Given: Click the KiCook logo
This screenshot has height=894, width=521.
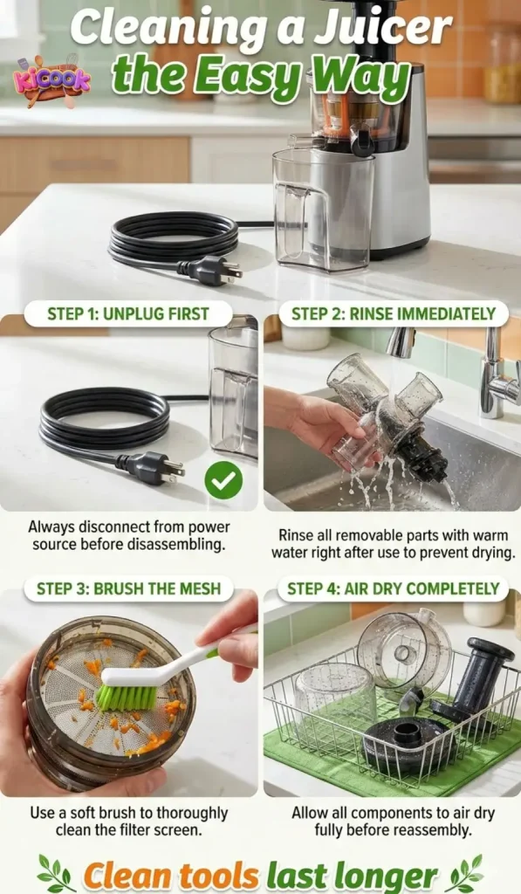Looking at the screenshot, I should [52, 80].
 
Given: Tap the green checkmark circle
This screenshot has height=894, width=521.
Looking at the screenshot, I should [223, 480].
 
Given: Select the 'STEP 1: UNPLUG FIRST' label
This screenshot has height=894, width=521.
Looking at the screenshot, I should [128, 314].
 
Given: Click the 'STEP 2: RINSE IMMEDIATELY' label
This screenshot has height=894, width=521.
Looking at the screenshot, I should [393, 314].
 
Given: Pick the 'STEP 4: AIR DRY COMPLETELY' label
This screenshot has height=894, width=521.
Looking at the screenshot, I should [392, 588].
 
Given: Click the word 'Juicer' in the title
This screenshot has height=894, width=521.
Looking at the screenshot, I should [385, 29].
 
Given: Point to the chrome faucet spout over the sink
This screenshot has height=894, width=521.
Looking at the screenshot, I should [402, 341].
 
